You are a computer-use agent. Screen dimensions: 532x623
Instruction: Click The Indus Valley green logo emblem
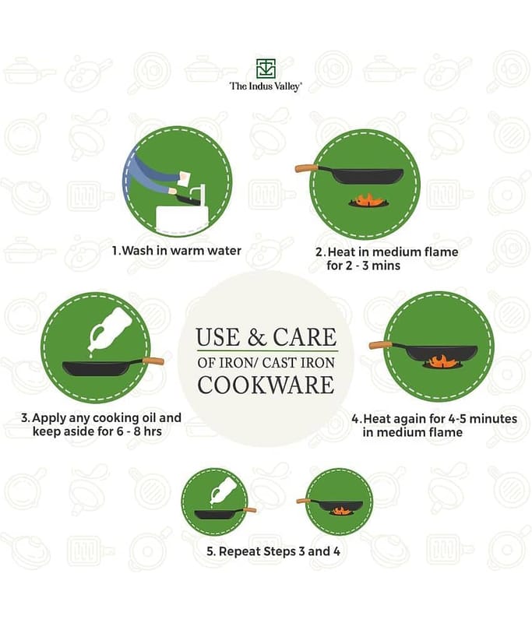[x=266, y=69]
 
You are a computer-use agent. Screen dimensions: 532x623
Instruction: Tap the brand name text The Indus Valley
[x=266, y=86]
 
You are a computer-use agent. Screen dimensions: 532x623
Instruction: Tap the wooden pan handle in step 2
[x=306, y=168]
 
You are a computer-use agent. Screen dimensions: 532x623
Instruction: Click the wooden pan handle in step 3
[x=153, y=361]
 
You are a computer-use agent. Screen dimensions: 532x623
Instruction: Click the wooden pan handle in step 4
[x=381, y=345]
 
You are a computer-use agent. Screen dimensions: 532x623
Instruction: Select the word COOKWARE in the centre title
[x=266, y=385]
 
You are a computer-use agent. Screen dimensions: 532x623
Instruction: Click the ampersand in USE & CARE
[x=256, y=337]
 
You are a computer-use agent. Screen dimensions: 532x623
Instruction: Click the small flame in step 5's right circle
[x=340, y=511]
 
